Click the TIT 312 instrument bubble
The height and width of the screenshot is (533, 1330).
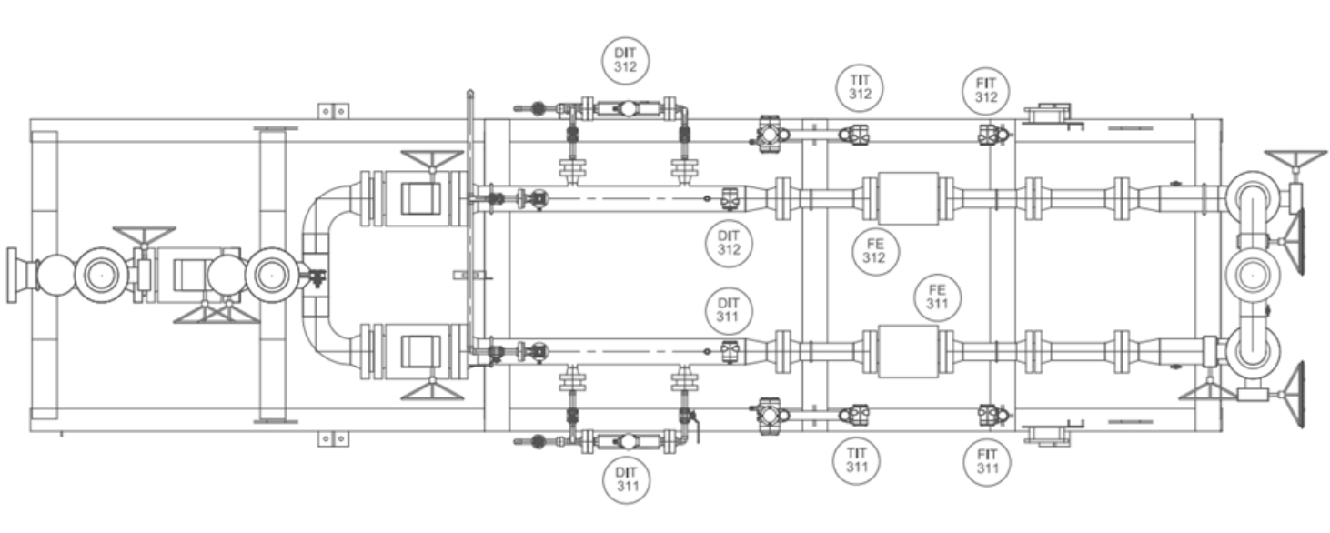pyautogui.click(x=859, y=87)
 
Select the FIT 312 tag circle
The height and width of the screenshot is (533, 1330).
pyautogui.click(x=985, y=90)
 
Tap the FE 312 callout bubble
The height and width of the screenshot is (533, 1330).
pyautogui.click(x=875, y=251)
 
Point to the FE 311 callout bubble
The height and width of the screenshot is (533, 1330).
pyautogui.click(x=937, y=297)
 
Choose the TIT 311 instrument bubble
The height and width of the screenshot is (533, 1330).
pyautogui.click(x=856, y=460)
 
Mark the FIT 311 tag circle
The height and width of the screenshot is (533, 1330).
pyautogui.click(x=987, y=462)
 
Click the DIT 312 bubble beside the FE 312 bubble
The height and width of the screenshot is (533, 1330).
pyautogui.click(x=729, y=244)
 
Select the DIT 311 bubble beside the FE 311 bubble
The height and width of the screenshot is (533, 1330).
pyautogui.click(x=729, y=310)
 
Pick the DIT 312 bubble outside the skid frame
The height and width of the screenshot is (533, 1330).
pyautogui.click(x=625, y=61)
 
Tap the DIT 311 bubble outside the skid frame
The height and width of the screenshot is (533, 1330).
pyautogui.click(x=627, y=479)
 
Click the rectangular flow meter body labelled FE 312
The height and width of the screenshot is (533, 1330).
pyautogui.click(x=908, y=198)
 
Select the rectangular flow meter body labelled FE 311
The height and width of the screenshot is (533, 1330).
pyautogui.click(x=908, y=351)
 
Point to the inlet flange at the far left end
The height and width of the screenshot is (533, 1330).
pyautogui.click(x=12, y=276)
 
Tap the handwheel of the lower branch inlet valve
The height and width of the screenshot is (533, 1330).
pyautogui.click(x=432, y=389)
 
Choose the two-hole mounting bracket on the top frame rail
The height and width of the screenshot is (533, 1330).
pyautogui.click(x=333, y=111)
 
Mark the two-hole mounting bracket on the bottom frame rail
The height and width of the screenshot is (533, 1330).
pyautogui.click(x=333, y=439)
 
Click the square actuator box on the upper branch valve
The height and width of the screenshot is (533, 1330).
pyautogui.click(x=421, y=198)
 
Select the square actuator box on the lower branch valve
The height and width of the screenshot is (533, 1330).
pyautogui.click(x=421, y=351)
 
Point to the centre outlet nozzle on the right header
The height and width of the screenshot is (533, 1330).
pyautogui.click(x=1253, y=276)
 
